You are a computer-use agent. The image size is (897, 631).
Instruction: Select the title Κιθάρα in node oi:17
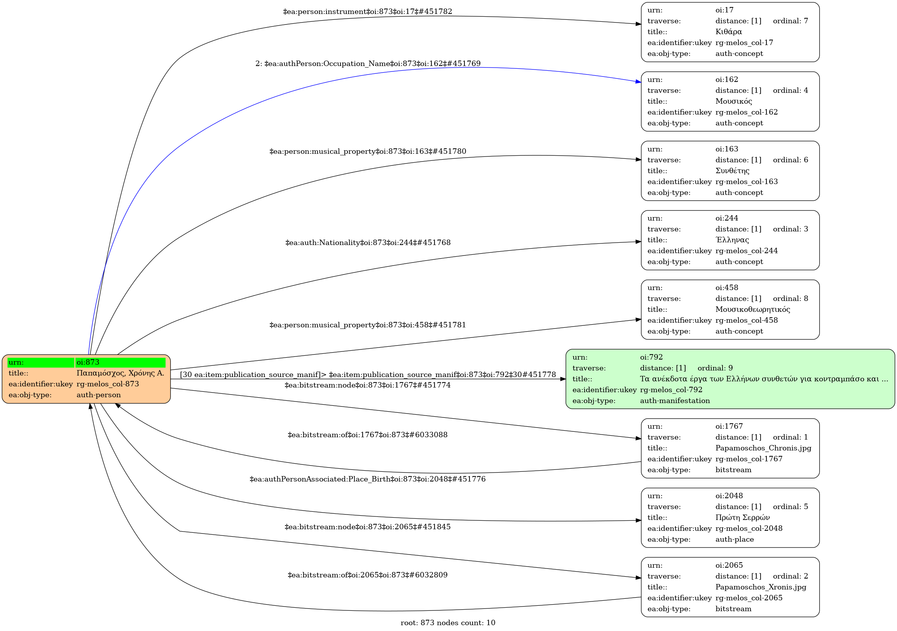point(728,32)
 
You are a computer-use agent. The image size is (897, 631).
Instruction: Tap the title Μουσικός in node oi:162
point(733,101)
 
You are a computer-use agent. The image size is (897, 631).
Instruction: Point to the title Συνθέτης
point(732,171)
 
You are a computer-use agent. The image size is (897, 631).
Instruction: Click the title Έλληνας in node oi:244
point(732,240)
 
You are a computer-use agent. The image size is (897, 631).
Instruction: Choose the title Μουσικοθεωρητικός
point(752,309)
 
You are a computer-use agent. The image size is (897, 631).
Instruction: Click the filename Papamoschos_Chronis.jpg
point(763,448)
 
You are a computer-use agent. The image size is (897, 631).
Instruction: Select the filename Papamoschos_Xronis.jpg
point(760,587)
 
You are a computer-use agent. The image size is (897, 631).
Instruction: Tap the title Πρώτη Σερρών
point(742,518)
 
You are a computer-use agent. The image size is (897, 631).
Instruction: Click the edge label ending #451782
point(367,12)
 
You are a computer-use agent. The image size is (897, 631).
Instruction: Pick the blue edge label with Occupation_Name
point(368,64)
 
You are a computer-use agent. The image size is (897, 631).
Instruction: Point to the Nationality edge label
point(368,243)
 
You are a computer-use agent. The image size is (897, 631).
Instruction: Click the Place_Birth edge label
point(367,479)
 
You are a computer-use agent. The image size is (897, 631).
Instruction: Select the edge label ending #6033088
point(367,435)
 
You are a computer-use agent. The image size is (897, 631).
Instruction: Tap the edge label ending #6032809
point(367,575)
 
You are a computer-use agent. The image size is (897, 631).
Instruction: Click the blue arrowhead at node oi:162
point(638,82)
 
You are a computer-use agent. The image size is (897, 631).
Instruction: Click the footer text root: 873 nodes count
point(448,623)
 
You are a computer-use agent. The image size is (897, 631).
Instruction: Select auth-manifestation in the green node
point(675,401)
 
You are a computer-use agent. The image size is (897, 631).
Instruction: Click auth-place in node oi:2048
point(735,539)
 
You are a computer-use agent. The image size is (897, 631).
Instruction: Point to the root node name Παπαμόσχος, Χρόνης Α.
point(120,373)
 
